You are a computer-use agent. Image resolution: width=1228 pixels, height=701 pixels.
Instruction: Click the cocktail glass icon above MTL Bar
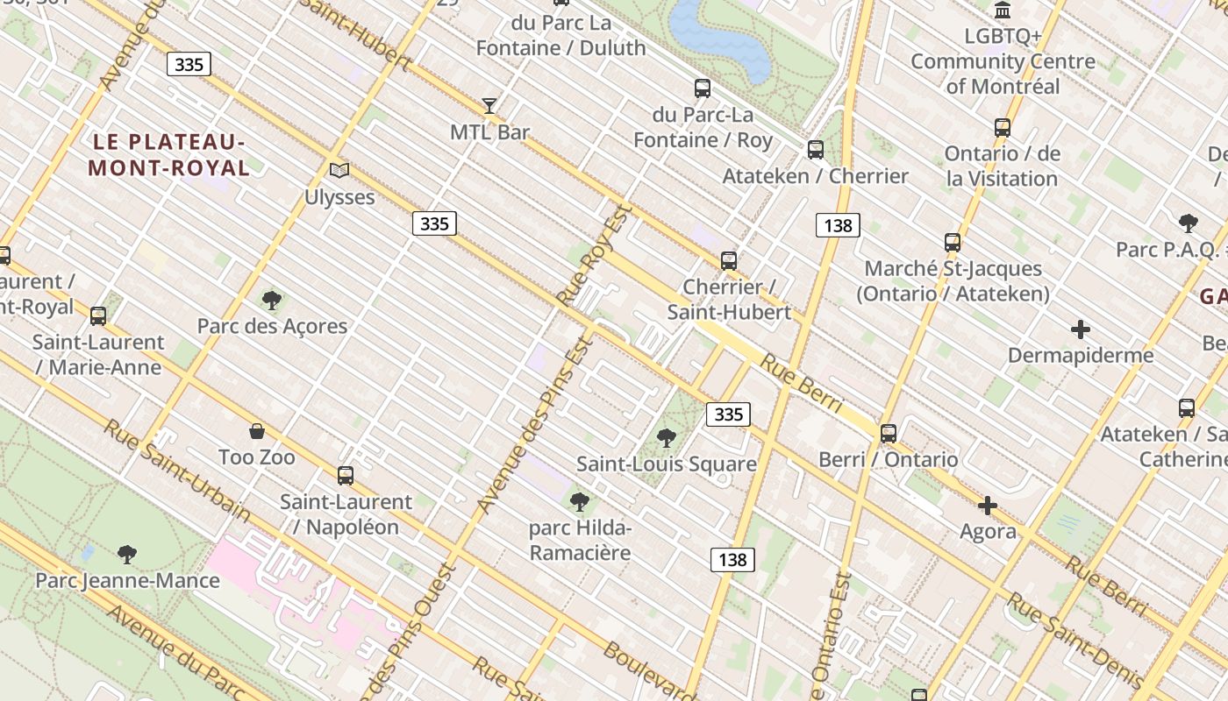click(489, 106)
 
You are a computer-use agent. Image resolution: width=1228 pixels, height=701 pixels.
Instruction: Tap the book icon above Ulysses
click(339, 170)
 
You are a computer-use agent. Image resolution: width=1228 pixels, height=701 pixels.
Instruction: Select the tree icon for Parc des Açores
click(272, 301)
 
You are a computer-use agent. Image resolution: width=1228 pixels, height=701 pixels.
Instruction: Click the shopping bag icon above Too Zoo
click(257, 431)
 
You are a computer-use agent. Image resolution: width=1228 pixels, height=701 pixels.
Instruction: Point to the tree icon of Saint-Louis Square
click(667, 437)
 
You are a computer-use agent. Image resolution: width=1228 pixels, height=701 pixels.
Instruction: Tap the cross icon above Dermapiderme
click(1081, 329)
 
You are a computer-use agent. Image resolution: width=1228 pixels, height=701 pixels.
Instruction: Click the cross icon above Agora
click(988, 506)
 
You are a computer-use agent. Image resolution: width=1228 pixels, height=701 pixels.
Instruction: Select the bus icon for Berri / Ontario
click(889, 433)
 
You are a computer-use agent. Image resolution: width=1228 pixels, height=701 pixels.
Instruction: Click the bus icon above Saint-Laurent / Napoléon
click(346, 476)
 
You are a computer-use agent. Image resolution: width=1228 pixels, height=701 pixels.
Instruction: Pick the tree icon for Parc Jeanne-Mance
click(127, 554)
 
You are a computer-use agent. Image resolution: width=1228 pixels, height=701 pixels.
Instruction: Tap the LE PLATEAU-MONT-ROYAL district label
click(168, 154)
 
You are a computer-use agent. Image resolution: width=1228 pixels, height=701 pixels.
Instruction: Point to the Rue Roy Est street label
click(594, 254)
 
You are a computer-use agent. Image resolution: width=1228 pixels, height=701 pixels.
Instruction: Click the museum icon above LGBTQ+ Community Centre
click(1003, 11)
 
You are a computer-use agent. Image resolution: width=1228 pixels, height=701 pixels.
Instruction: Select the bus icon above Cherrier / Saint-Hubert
click(729, 260)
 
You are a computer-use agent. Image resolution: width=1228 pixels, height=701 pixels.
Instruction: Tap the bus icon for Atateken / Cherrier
click(816, 150)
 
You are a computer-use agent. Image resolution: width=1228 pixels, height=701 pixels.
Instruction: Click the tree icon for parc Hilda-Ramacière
click(579, 502)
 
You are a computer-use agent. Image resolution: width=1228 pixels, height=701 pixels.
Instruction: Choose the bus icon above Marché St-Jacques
click(953, 242)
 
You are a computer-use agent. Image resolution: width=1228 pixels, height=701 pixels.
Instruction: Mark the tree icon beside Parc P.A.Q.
click(1189, 223)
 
